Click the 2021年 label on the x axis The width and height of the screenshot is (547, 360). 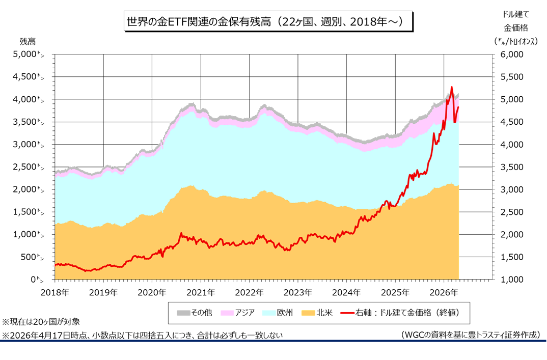click(201, 292)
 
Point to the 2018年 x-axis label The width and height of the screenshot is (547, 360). click(55, 292)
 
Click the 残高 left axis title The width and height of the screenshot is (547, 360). click(28, 41)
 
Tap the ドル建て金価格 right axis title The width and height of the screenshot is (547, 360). click(515, 28)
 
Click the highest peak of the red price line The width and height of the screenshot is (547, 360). click(451, 87)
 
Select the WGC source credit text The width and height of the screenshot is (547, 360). click(470, 335)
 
